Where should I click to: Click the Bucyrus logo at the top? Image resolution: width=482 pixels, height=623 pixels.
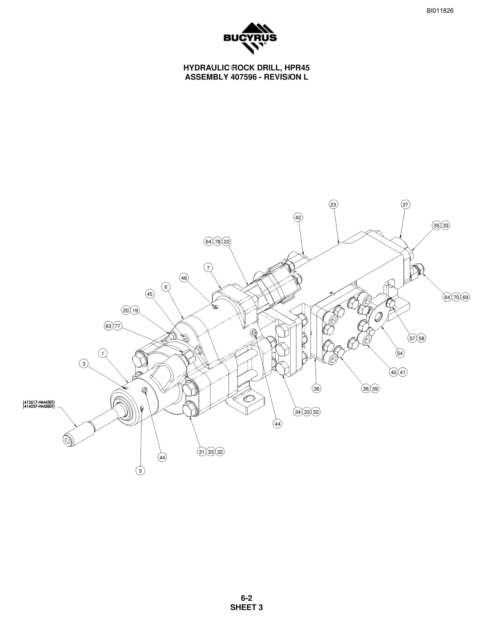(250, 38)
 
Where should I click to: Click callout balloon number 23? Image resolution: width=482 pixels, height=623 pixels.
(333, 205)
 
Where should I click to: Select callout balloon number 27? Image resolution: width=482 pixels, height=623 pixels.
(405, 205)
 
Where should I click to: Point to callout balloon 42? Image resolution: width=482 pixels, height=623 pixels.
(298, 217)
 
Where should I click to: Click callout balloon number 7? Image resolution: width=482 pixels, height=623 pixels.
(208, 268)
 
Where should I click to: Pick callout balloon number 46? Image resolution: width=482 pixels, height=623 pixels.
(184, 278)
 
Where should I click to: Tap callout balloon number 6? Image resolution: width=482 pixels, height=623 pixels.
(166, 287)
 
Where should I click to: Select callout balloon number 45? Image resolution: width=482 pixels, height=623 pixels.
(150, 294)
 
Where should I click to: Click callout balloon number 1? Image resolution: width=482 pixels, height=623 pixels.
(103, 353)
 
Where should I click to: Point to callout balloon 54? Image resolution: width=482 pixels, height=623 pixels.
(400, 353)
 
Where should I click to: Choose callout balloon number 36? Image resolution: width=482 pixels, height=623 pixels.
(316, 389)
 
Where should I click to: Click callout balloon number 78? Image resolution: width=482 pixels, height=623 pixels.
(218, 242)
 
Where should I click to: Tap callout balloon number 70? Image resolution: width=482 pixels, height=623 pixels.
(456, 297)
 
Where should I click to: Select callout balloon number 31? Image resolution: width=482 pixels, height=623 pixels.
(202, 452)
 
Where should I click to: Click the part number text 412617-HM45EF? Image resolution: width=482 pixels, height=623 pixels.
(39, 402)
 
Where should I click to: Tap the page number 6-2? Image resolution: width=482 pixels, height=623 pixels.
(247, 598)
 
